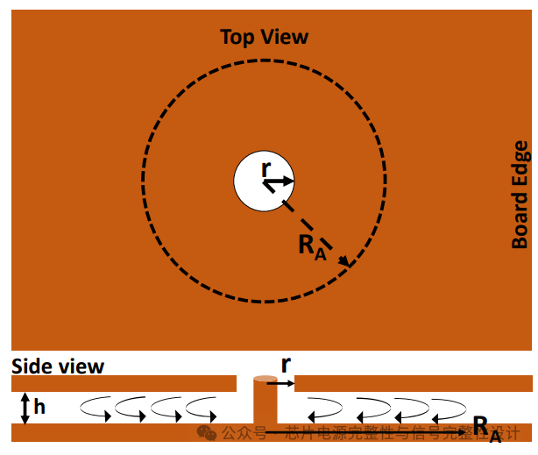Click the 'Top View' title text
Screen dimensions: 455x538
tap(264, 37)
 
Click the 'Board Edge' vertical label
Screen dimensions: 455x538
tap(520, 195)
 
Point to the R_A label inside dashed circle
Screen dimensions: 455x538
tap(312, 246)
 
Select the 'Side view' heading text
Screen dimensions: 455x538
tap(58, 366)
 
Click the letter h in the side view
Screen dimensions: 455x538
tap(39, 408)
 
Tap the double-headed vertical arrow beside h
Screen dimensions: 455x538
tap(25, 408)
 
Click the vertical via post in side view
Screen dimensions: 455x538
tap(265, 403)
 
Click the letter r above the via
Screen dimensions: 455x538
tap(286, 364)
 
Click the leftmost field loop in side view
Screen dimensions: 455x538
tap(96, 407)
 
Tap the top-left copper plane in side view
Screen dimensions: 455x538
tap(123, 383)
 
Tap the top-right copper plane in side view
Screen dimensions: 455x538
tap(412, 383)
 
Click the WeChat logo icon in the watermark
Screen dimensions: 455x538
tap(207, 433)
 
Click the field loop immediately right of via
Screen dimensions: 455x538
tap(323, 407)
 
